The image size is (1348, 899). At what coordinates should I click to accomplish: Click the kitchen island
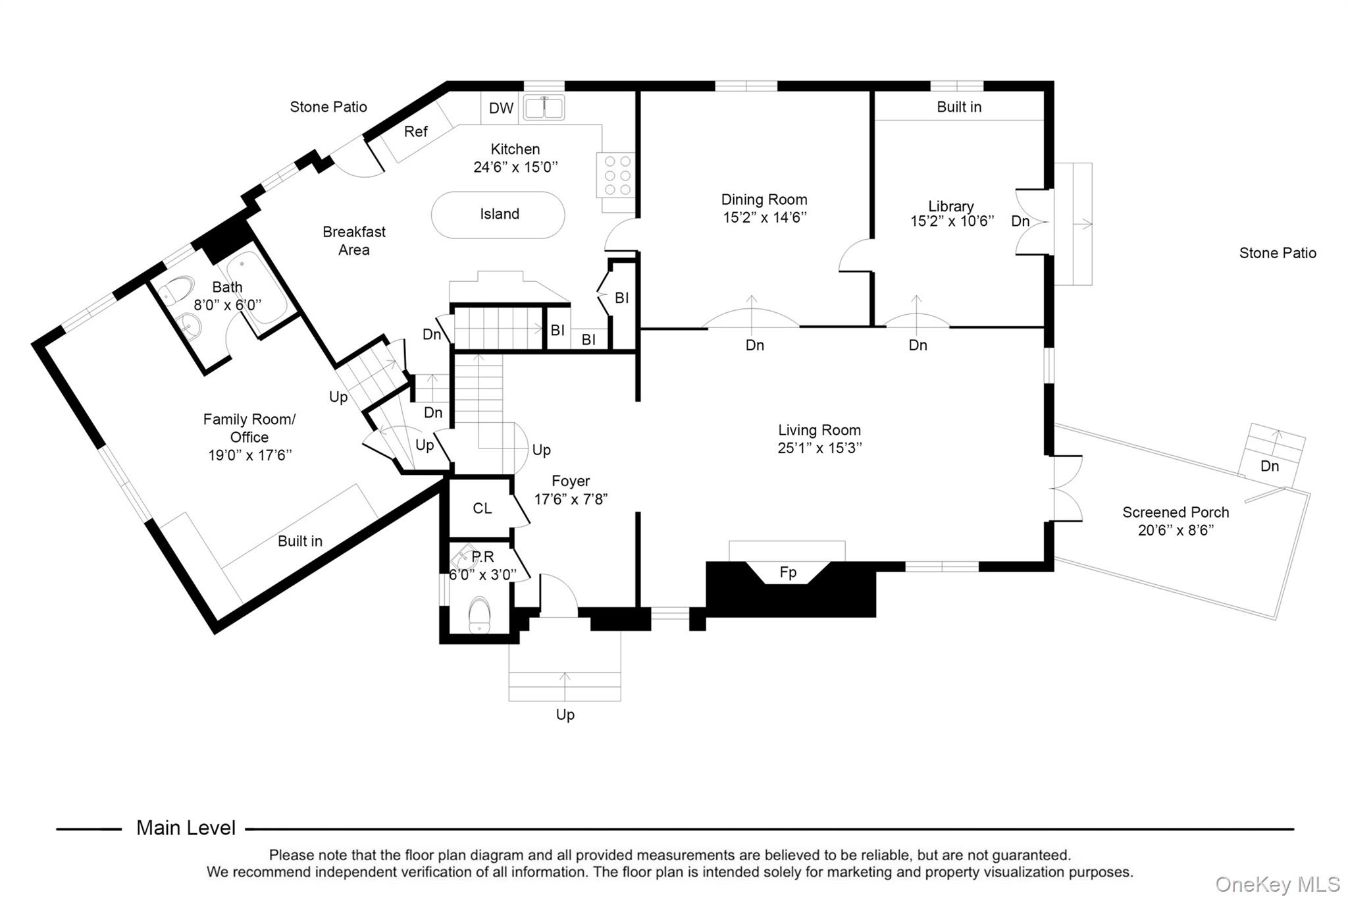tap(498, 215)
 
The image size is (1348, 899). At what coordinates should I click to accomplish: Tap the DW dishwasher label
tap(501, 109)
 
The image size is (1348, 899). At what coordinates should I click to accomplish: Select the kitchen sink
tap(544, 107)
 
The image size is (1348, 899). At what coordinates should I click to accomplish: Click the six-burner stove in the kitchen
tap(617, 175)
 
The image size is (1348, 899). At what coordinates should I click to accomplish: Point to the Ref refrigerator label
tap(415, 132)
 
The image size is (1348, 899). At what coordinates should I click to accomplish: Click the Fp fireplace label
tap(788, 572)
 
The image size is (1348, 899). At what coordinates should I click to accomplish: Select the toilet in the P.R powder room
tap(479, 614)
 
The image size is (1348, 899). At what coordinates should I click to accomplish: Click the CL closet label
tap(482, 508)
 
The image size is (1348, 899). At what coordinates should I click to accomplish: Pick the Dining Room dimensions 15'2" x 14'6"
tap(764, 218)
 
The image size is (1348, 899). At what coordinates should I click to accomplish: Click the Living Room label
tap(819, 430)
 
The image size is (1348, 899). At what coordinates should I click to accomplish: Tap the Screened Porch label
tap(1175, 512)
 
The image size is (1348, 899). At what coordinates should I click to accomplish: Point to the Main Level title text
tap(186, 828)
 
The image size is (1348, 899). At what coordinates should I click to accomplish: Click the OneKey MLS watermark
tap(1277, 884)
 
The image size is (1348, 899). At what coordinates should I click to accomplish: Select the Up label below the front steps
tap(565, 715)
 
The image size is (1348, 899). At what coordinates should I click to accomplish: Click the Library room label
tap(950, 206)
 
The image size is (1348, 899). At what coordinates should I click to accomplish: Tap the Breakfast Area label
tap(353, 240)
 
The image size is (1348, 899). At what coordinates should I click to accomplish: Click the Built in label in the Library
tap(958, 107)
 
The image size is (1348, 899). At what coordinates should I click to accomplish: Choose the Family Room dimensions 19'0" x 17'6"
tap(249, 455)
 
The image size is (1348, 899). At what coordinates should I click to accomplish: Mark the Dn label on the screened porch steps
tap(1269, 466)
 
